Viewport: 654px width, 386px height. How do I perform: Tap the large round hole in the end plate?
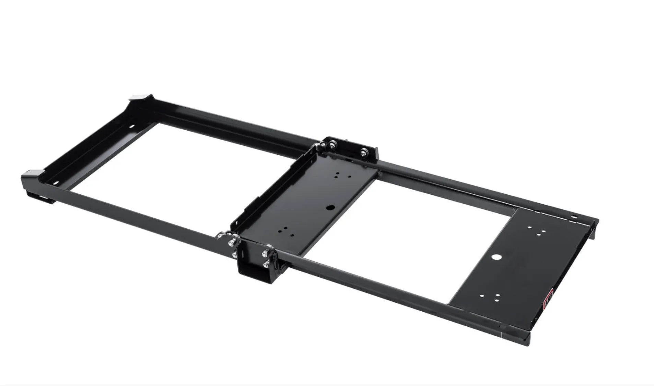coord(495,257)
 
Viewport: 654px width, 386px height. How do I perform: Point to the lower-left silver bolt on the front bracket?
coord(234,255)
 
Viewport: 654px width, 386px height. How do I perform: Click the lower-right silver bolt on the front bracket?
coord(266,265)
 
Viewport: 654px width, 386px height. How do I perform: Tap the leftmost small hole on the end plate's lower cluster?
coord(482,295)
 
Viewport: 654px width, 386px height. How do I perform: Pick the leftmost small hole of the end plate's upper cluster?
coord(529,227)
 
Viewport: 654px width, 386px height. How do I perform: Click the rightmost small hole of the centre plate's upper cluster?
coord(349,176)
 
